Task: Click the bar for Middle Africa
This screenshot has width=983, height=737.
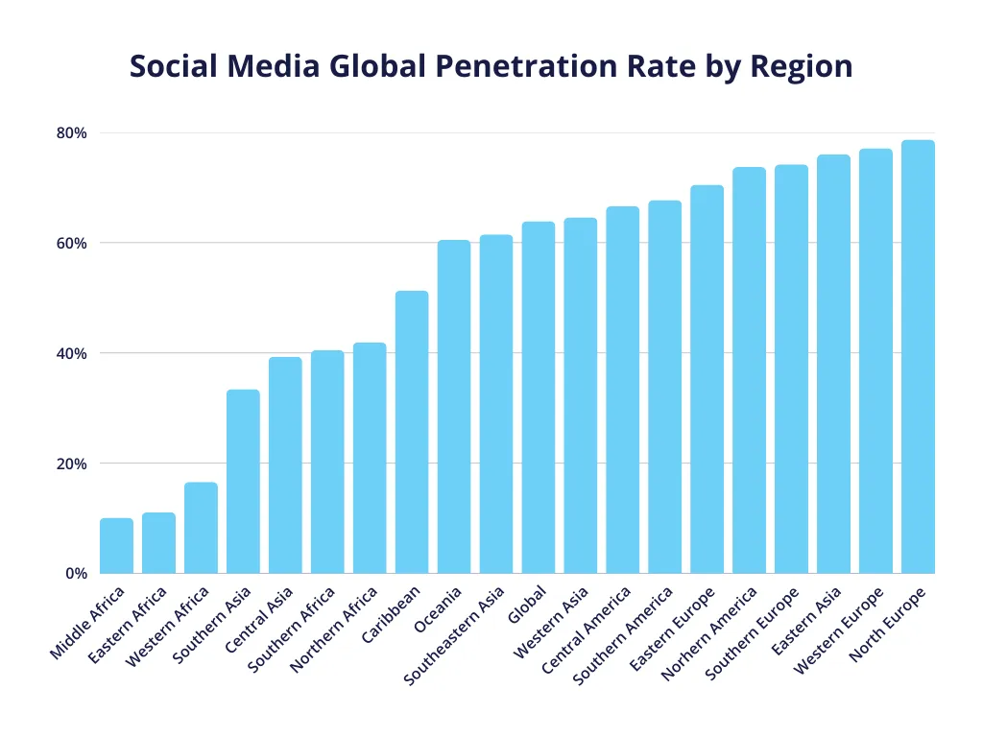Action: click(116, 546)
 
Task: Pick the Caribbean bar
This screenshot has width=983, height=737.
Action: click(412, 432)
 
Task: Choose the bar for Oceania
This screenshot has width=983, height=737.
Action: click(454, 407)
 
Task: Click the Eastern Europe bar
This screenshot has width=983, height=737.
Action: click(707, 379)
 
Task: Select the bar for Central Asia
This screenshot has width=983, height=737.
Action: click(285, 465)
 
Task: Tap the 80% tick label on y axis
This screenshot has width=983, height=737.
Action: click(72, 132)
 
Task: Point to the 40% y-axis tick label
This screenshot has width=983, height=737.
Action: click(72, 353)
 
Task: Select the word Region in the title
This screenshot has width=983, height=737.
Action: click(802, 66)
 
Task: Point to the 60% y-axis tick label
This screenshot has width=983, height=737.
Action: click(72, 243)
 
